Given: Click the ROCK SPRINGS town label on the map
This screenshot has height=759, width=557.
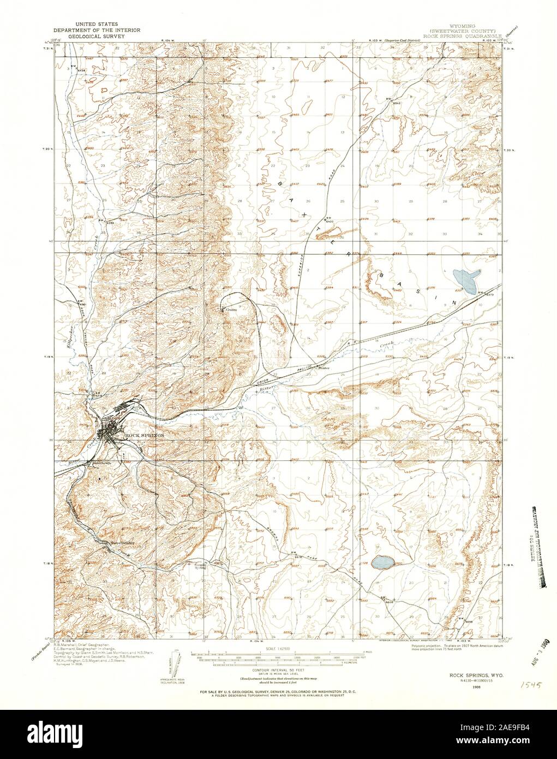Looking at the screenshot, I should pyautogui.click(x=144, y=435).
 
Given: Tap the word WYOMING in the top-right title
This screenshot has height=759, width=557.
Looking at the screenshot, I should pyautogui.click(x=462, y=25).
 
